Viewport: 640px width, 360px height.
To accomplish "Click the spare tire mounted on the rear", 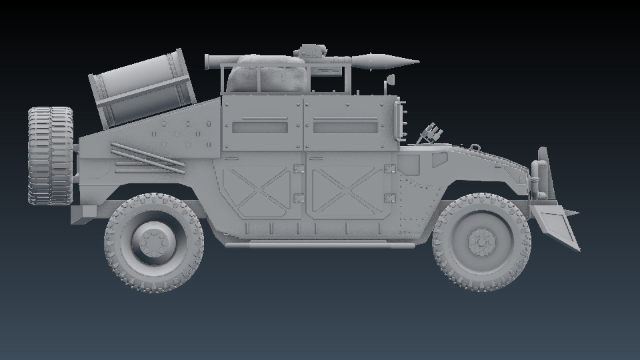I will pos(50,155).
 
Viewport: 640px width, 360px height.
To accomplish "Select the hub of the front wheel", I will pos(481,241).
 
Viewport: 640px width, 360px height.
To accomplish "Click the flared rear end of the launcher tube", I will pos(209,62).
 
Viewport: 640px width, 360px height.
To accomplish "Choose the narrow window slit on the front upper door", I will pos(345,126).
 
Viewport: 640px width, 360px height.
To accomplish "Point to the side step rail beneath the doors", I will pos(320,245).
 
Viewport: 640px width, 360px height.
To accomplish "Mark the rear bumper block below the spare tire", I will pos(84,214).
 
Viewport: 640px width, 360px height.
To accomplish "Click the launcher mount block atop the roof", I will pos(312,51).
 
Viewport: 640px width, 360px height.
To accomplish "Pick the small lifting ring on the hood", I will pos(474,147).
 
